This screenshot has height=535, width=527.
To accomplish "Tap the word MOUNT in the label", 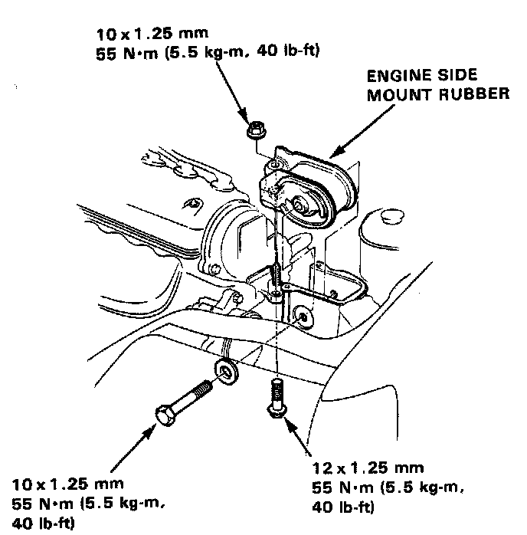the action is click(x=404, y=96).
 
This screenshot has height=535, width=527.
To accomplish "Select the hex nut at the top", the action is click(x=256, y=130).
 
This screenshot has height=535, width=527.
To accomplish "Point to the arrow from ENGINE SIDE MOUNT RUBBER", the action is click(x=353, y=135).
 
